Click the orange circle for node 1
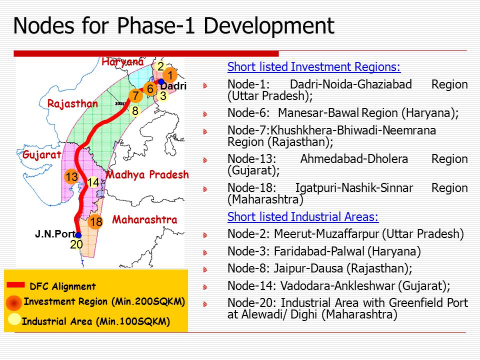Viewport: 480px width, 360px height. click(x=170, y=74)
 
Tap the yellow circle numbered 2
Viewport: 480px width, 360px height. click(x=160, y=66)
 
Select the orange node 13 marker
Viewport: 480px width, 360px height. click(x=72, y=176)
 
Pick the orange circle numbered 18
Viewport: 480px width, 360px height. click(x=95, y=221)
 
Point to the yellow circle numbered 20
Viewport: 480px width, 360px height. click(x=76, y=244)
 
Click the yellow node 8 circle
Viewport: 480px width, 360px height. click(x=135, y=110)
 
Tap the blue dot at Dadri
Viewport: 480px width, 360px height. click(x=161, y=81)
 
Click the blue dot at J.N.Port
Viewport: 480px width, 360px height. click(x=78, y=235)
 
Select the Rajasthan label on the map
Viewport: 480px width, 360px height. click(x=72, y=103)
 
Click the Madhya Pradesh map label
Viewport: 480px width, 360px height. click(x=147, y=174)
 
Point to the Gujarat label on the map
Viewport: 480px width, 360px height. click(x=41, y=154)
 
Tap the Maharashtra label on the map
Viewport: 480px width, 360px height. click(x=144, y=219)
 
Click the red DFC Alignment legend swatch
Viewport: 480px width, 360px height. click(x=15, y=284)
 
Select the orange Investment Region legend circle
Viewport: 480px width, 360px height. click(x=14, y=303)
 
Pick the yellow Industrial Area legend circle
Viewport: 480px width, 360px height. click(x=14, y=319)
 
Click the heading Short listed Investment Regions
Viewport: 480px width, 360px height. click(x=314, y=66)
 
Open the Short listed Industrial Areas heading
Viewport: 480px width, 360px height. click(x=303, y=216)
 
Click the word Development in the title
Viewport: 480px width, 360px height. click(x=269, y=25)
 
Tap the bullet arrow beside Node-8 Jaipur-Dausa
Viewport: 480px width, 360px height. click(x=205, y=269)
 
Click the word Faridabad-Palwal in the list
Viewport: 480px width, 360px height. click(x=319, y=251)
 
